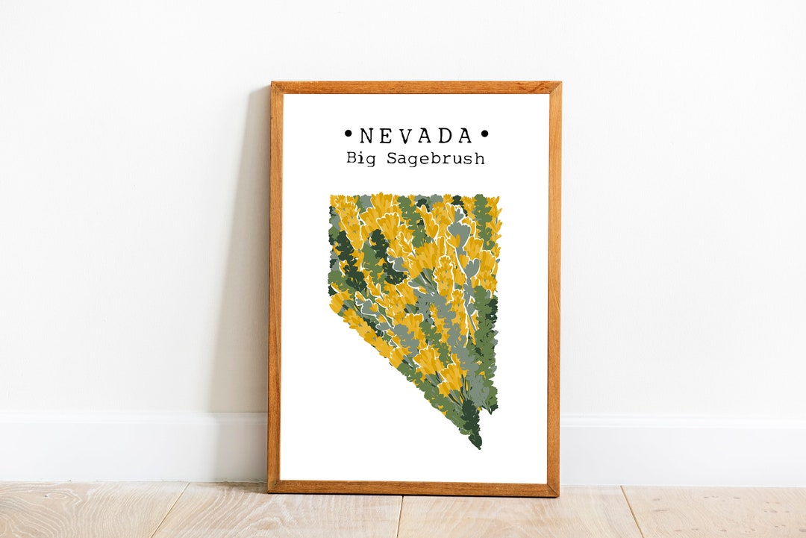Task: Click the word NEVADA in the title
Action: (416, 136)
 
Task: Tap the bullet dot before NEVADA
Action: (348, 135)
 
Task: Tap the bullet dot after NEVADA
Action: (484, 135)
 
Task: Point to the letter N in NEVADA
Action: (366, 136)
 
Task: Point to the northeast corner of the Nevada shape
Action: (500, 196)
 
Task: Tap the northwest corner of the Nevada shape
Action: (331, 197)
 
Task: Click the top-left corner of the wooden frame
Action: (272, 83)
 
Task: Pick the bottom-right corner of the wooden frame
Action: (557, 495)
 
